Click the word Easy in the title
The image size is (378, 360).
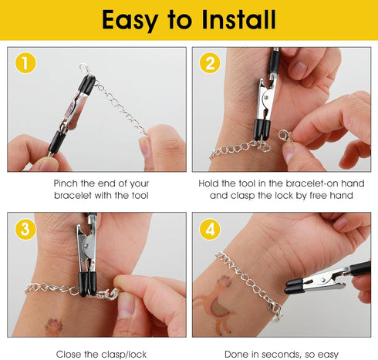point(133,19)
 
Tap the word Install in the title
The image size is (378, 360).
point(239,19)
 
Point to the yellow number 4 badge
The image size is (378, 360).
point(209,229)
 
